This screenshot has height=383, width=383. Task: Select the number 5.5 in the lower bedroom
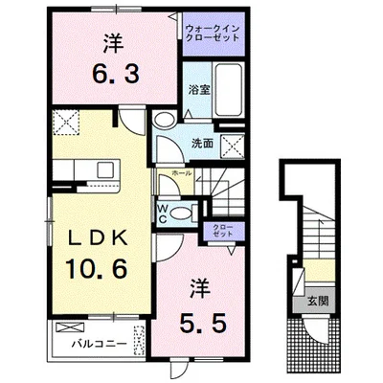click(200, 323)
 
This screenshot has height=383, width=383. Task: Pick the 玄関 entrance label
click(313, 302)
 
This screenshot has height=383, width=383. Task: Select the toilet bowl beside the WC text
click(188, 210)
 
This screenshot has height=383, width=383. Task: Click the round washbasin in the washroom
click(164, 120)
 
